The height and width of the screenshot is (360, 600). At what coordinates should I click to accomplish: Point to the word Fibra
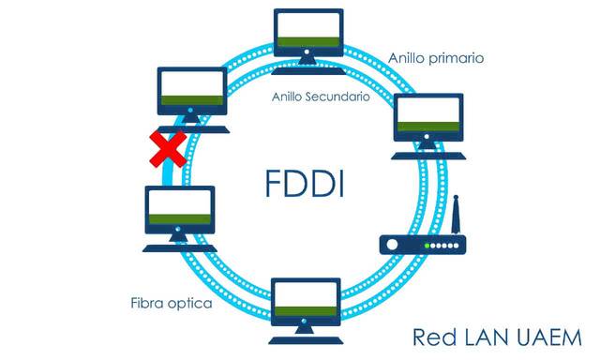point(149,304)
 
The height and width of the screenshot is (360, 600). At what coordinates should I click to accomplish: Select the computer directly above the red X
point(191,95)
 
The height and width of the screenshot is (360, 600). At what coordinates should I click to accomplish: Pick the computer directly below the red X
point(181,214)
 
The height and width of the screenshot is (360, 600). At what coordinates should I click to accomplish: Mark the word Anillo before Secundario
point(290,97)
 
